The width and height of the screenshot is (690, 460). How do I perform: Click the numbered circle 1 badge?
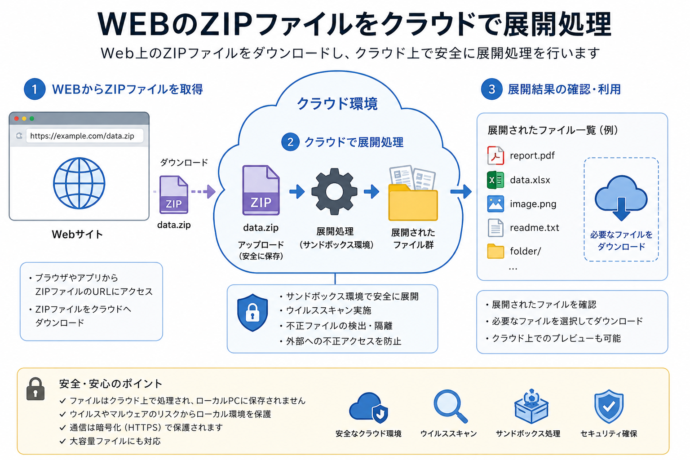coord(35,89)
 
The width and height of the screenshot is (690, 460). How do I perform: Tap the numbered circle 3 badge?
coord(491,89)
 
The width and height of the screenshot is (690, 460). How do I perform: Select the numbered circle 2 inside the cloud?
coord(290,142)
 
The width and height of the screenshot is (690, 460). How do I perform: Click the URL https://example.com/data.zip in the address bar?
coord(82,136)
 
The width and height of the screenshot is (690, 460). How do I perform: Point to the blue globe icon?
coord(79,183)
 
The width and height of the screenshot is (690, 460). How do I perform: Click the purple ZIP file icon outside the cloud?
coord(174,195)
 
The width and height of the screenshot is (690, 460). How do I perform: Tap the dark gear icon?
coord(334,191)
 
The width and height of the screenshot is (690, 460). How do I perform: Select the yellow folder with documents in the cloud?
coord(413,193)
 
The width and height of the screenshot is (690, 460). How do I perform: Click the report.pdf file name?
coord(532,155)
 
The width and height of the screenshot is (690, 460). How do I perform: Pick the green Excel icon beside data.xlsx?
coord(495,180)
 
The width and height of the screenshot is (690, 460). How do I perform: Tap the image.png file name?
coord(533,204)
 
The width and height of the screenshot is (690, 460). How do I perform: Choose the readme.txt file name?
coord(535,228)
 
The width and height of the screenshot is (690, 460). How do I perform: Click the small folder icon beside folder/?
coord(495,251)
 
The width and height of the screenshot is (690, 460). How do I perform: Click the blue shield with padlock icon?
coord(252,312)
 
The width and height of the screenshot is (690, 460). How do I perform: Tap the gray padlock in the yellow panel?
coord(35,389)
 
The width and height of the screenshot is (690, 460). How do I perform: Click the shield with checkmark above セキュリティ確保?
coord(609,406)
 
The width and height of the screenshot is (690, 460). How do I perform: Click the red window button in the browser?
coord(17,119)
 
